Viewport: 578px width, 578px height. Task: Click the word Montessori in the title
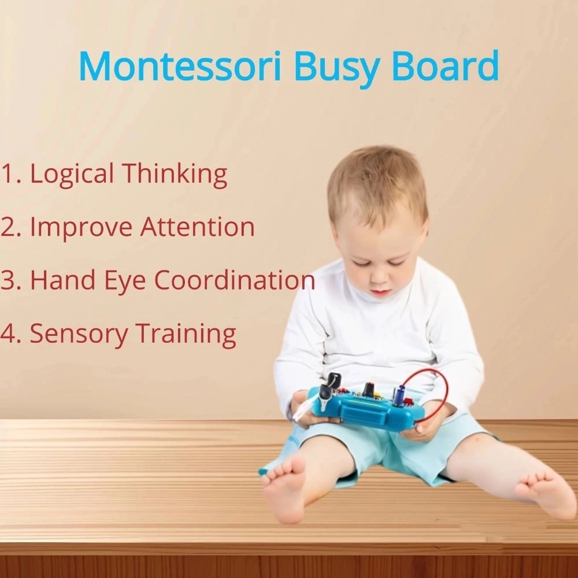pos(180,66)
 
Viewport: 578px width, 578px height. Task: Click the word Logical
pos(72,174)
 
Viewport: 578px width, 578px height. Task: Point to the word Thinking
pos(175,174)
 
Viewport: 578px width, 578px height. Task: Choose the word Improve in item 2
pos(81,227)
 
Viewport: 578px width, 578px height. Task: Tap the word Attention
pos(198,227)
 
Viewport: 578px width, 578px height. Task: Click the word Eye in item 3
pos(125,281)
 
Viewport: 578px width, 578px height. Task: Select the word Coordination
pos(235,280)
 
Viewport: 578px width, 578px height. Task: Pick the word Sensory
pos(79,334)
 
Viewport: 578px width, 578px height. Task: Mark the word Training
pos(186,334)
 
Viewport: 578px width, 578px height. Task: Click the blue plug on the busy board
pos(399,395)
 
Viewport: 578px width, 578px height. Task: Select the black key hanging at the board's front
pos(325,396)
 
